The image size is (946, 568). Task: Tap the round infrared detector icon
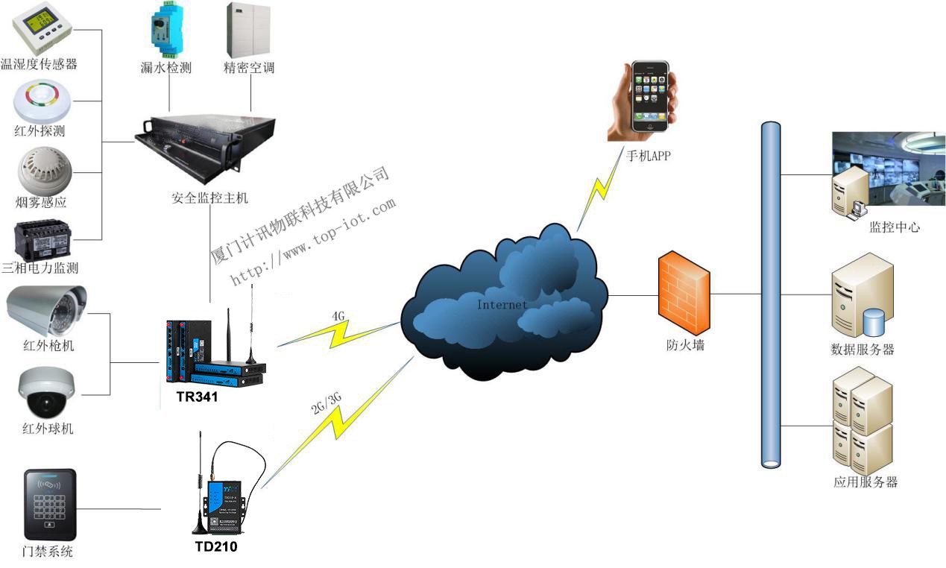[42, 102]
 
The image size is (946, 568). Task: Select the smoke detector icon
[42, 169]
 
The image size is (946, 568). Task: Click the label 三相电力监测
[40, 268]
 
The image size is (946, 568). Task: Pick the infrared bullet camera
[45, 310]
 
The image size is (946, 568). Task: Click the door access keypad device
[49, 504]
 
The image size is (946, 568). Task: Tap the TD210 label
[216, 547]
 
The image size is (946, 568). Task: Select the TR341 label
[197, 397]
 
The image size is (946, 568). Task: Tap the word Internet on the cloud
[502, 304]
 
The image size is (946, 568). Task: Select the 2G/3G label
[327, 402]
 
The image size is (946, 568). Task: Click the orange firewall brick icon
[684, 294]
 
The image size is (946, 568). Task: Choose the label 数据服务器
[863, 349]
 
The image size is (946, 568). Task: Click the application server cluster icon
[863, 425]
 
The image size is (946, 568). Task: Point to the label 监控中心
[895, 227]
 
